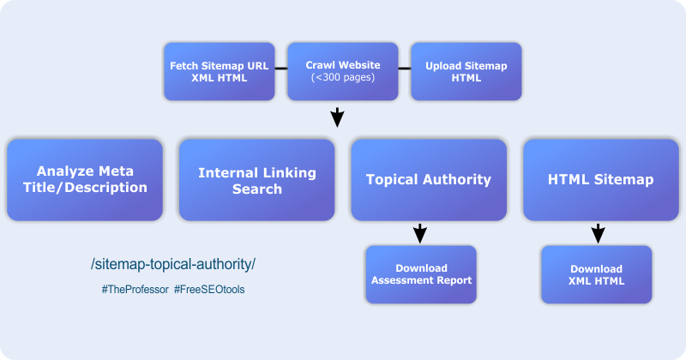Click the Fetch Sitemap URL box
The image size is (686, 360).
tap(219, 71)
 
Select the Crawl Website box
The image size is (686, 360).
tap(343, 71)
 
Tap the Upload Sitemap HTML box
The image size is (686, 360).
tap(466, 71)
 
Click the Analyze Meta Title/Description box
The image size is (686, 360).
tap(84, 180)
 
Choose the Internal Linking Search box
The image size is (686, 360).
tap(256, 180)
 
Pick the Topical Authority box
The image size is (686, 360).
tap(428, 180)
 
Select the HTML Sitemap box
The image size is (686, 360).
tap(600, 180)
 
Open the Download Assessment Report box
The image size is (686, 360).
tap(421, 274)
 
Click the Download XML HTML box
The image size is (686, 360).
tap(596, 274)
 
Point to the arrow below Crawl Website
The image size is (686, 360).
tap(338, 117)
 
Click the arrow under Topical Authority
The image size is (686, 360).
tap(420, 232)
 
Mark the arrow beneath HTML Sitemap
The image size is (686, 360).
tap(599, 232)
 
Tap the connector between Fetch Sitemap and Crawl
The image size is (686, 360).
tap(280, 69)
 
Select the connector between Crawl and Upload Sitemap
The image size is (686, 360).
tap(404, 69)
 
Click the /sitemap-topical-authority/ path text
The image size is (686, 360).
tap(172, 262)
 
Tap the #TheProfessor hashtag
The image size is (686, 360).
tap(134, 290)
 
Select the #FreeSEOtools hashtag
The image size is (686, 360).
tap(209, 290)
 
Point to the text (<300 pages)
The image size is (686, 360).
tap(343, 78)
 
